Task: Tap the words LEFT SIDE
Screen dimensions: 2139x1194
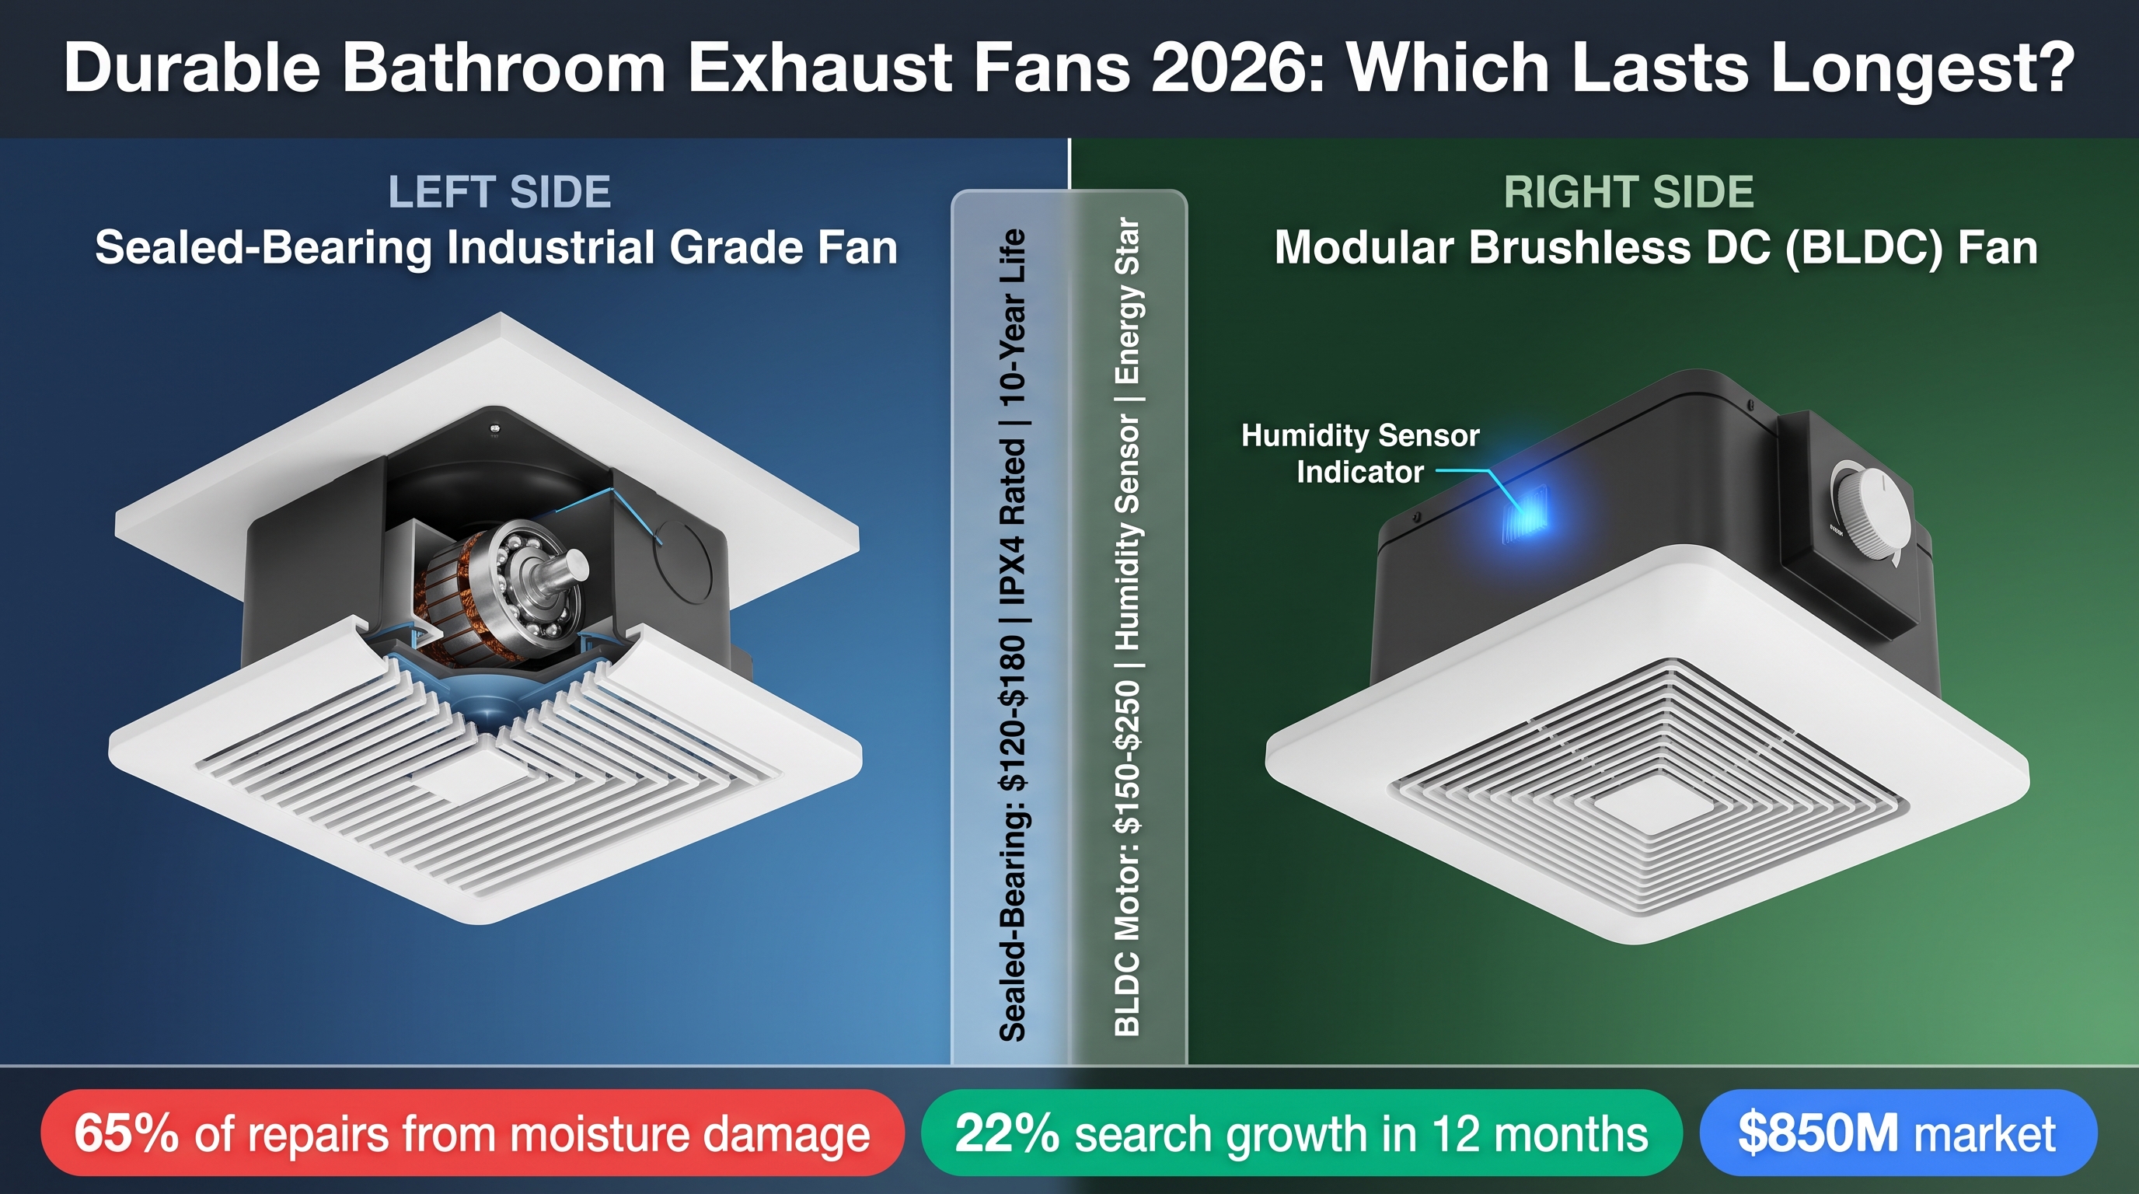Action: pos(499,192)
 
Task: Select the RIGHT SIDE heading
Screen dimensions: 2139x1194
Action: pos(1628,192)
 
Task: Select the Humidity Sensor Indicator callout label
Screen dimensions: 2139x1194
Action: pos(1360,453)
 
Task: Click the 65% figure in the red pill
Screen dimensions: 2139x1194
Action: pos(125,1133)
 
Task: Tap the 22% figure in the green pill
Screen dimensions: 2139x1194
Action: pos(1007,1133)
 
